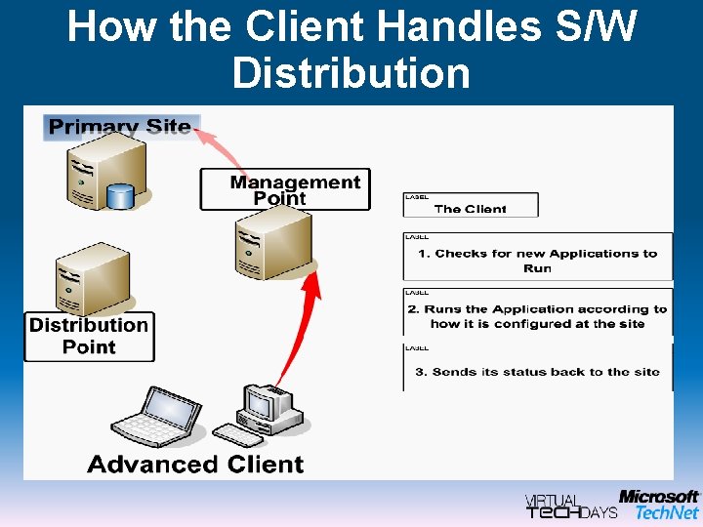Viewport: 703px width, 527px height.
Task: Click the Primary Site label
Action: tap(120, 127)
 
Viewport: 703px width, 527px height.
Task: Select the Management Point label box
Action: tap(285, 189)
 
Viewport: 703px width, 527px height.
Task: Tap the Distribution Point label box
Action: tap(89, 336)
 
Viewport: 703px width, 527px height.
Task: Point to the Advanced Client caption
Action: tap(195, 464)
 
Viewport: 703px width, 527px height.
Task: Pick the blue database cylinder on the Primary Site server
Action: tap(120, 195)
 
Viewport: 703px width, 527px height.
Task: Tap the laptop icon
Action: tap(170, 416)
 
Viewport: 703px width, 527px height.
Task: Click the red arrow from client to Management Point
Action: tap(298, 322)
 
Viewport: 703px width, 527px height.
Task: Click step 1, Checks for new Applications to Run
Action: tap(538, 260)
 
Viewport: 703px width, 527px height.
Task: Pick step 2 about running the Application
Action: tap(538, 315)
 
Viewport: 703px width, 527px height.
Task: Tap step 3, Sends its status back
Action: tap(538, 371)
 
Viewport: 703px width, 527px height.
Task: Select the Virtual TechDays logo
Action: tap(570, 505)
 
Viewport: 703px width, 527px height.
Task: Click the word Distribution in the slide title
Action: tap(351, 73)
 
